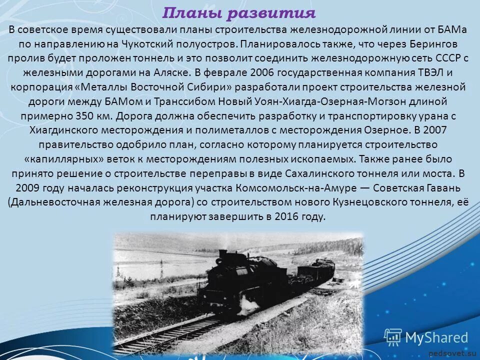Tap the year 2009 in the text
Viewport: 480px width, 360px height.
26,188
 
